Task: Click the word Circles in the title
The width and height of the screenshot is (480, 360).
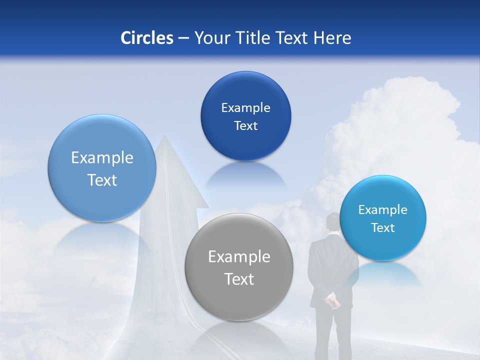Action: click(x=146, y=38)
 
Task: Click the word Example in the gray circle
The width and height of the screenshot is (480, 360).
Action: click(x=239, y=257)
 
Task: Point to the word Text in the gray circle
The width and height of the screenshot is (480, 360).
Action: click(x=239, y=279)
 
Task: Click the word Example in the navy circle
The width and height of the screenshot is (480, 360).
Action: click(x=245, y=108)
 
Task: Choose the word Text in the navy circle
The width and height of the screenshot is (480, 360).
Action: click(x=245, y=126)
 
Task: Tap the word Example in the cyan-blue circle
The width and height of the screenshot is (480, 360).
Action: click(x=383, y=210)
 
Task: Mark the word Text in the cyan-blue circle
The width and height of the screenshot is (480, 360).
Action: click(x=383, y=228)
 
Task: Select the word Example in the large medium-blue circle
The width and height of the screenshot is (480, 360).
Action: click(x=102, y=158)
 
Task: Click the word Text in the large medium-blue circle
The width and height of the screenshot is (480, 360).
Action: click(x=102, y=180)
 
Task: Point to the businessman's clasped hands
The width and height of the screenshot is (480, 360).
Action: click(x=332, y=301)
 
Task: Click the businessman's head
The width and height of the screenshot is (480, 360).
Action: click(x=333, y=222)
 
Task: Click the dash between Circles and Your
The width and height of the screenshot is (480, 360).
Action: click(x=183, y=38)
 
